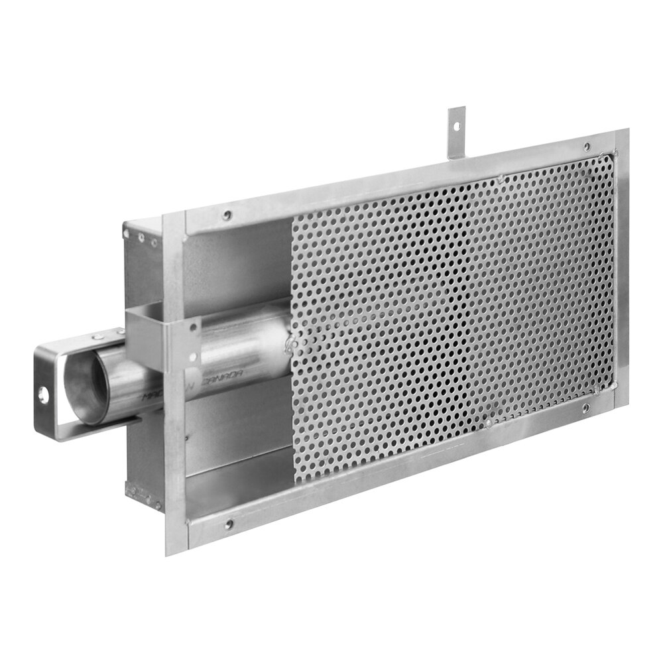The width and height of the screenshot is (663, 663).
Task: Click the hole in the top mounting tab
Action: coord(456,123)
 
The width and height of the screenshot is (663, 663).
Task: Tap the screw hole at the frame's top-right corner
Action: coord(586,147)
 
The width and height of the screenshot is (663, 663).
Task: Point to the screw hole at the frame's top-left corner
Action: coord(227,215)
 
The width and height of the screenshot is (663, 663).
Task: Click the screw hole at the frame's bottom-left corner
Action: coord(229,524)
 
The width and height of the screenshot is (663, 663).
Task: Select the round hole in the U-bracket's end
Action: coord(44,396)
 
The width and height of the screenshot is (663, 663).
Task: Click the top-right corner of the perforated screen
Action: coord(613,155)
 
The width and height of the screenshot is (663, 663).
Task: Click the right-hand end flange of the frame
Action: coord(622,265)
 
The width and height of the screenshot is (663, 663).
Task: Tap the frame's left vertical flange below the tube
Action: coord(175,464)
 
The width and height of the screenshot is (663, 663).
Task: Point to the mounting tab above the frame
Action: coord(456,133)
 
